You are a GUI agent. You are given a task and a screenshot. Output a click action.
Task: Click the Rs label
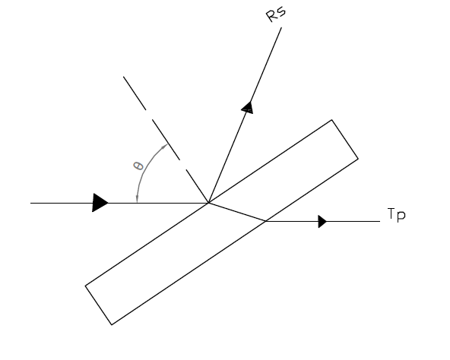[x=276, y=14]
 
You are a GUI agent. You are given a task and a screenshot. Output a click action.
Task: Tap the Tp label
[x=396, y=215]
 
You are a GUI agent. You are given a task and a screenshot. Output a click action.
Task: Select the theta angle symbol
[x=138, y=166]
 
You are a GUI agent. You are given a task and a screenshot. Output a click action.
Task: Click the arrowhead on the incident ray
[x=100, y=203]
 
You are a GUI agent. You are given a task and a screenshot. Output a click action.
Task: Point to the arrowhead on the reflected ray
[x=248, y=108]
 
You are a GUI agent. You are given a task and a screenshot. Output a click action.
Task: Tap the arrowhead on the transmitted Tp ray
[x=322, y=222]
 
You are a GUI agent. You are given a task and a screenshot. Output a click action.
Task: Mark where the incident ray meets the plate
[x=208, y=203]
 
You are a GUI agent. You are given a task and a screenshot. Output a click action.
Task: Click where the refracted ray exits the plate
[x=266, y=221]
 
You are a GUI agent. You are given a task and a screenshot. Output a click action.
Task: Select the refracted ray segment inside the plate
[x=237, y=212]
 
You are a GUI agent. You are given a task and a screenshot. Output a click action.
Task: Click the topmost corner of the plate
[x=331, y=120]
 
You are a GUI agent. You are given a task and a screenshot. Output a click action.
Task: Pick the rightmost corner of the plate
[x=358, y=158]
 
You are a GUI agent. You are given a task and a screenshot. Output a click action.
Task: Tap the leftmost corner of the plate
[x=85, y=286]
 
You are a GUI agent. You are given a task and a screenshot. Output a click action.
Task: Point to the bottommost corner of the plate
[x=112, y=325]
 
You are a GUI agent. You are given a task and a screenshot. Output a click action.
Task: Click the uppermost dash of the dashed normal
[x=135, y=93]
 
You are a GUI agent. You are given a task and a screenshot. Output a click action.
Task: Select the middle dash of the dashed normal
[x=166, y=140]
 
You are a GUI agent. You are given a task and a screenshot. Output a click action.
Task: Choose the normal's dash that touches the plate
[x=197, y=186]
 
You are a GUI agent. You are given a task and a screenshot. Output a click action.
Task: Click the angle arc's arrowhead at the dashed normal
[x=164, y=147]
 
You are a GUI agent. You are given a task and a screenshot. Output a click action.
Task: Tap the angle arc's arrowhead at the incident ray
[x=137, y=198]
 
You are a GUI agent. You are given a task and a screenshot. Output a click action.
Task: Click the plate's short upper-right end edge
[x=345, y=139]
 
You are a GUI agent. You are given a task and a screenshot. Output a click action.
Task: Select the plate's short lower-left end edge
[x=99, y=305]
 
